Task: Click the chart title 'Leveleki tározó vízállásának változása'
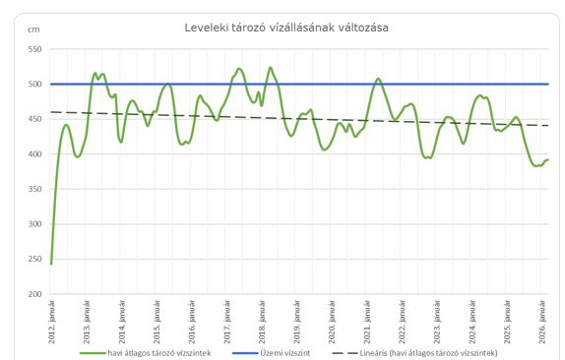point(286,28)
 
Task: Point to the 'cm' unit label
point(33,30)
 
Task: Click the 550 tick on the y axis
point(34,49)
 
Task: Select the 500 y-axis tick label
point(34,85)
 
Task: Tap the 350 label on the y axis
point(34,189)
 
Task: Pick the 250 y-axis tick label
point(34,259)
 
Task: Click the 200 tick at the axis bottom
point(34,294)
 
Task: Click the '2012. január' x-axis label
point(52,322)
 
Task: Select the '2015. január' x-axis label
point(157,322)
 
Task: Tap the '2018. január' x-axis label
point(262,322)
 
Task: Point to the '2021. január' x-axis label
point(367,322)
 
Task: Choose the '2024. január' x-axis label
point(472,322)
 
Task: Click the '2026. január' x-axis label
point(542,322)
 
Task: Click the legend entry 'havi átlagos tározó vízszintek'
point(146,353)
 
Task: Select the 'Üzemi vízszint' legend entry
point(271,353)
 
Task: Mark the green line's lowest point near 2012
point(51,264)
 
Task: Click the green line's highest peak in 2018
point(271,67)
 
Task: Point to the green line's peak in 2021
point(378,79)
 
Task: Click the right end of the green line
point(547,160)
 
